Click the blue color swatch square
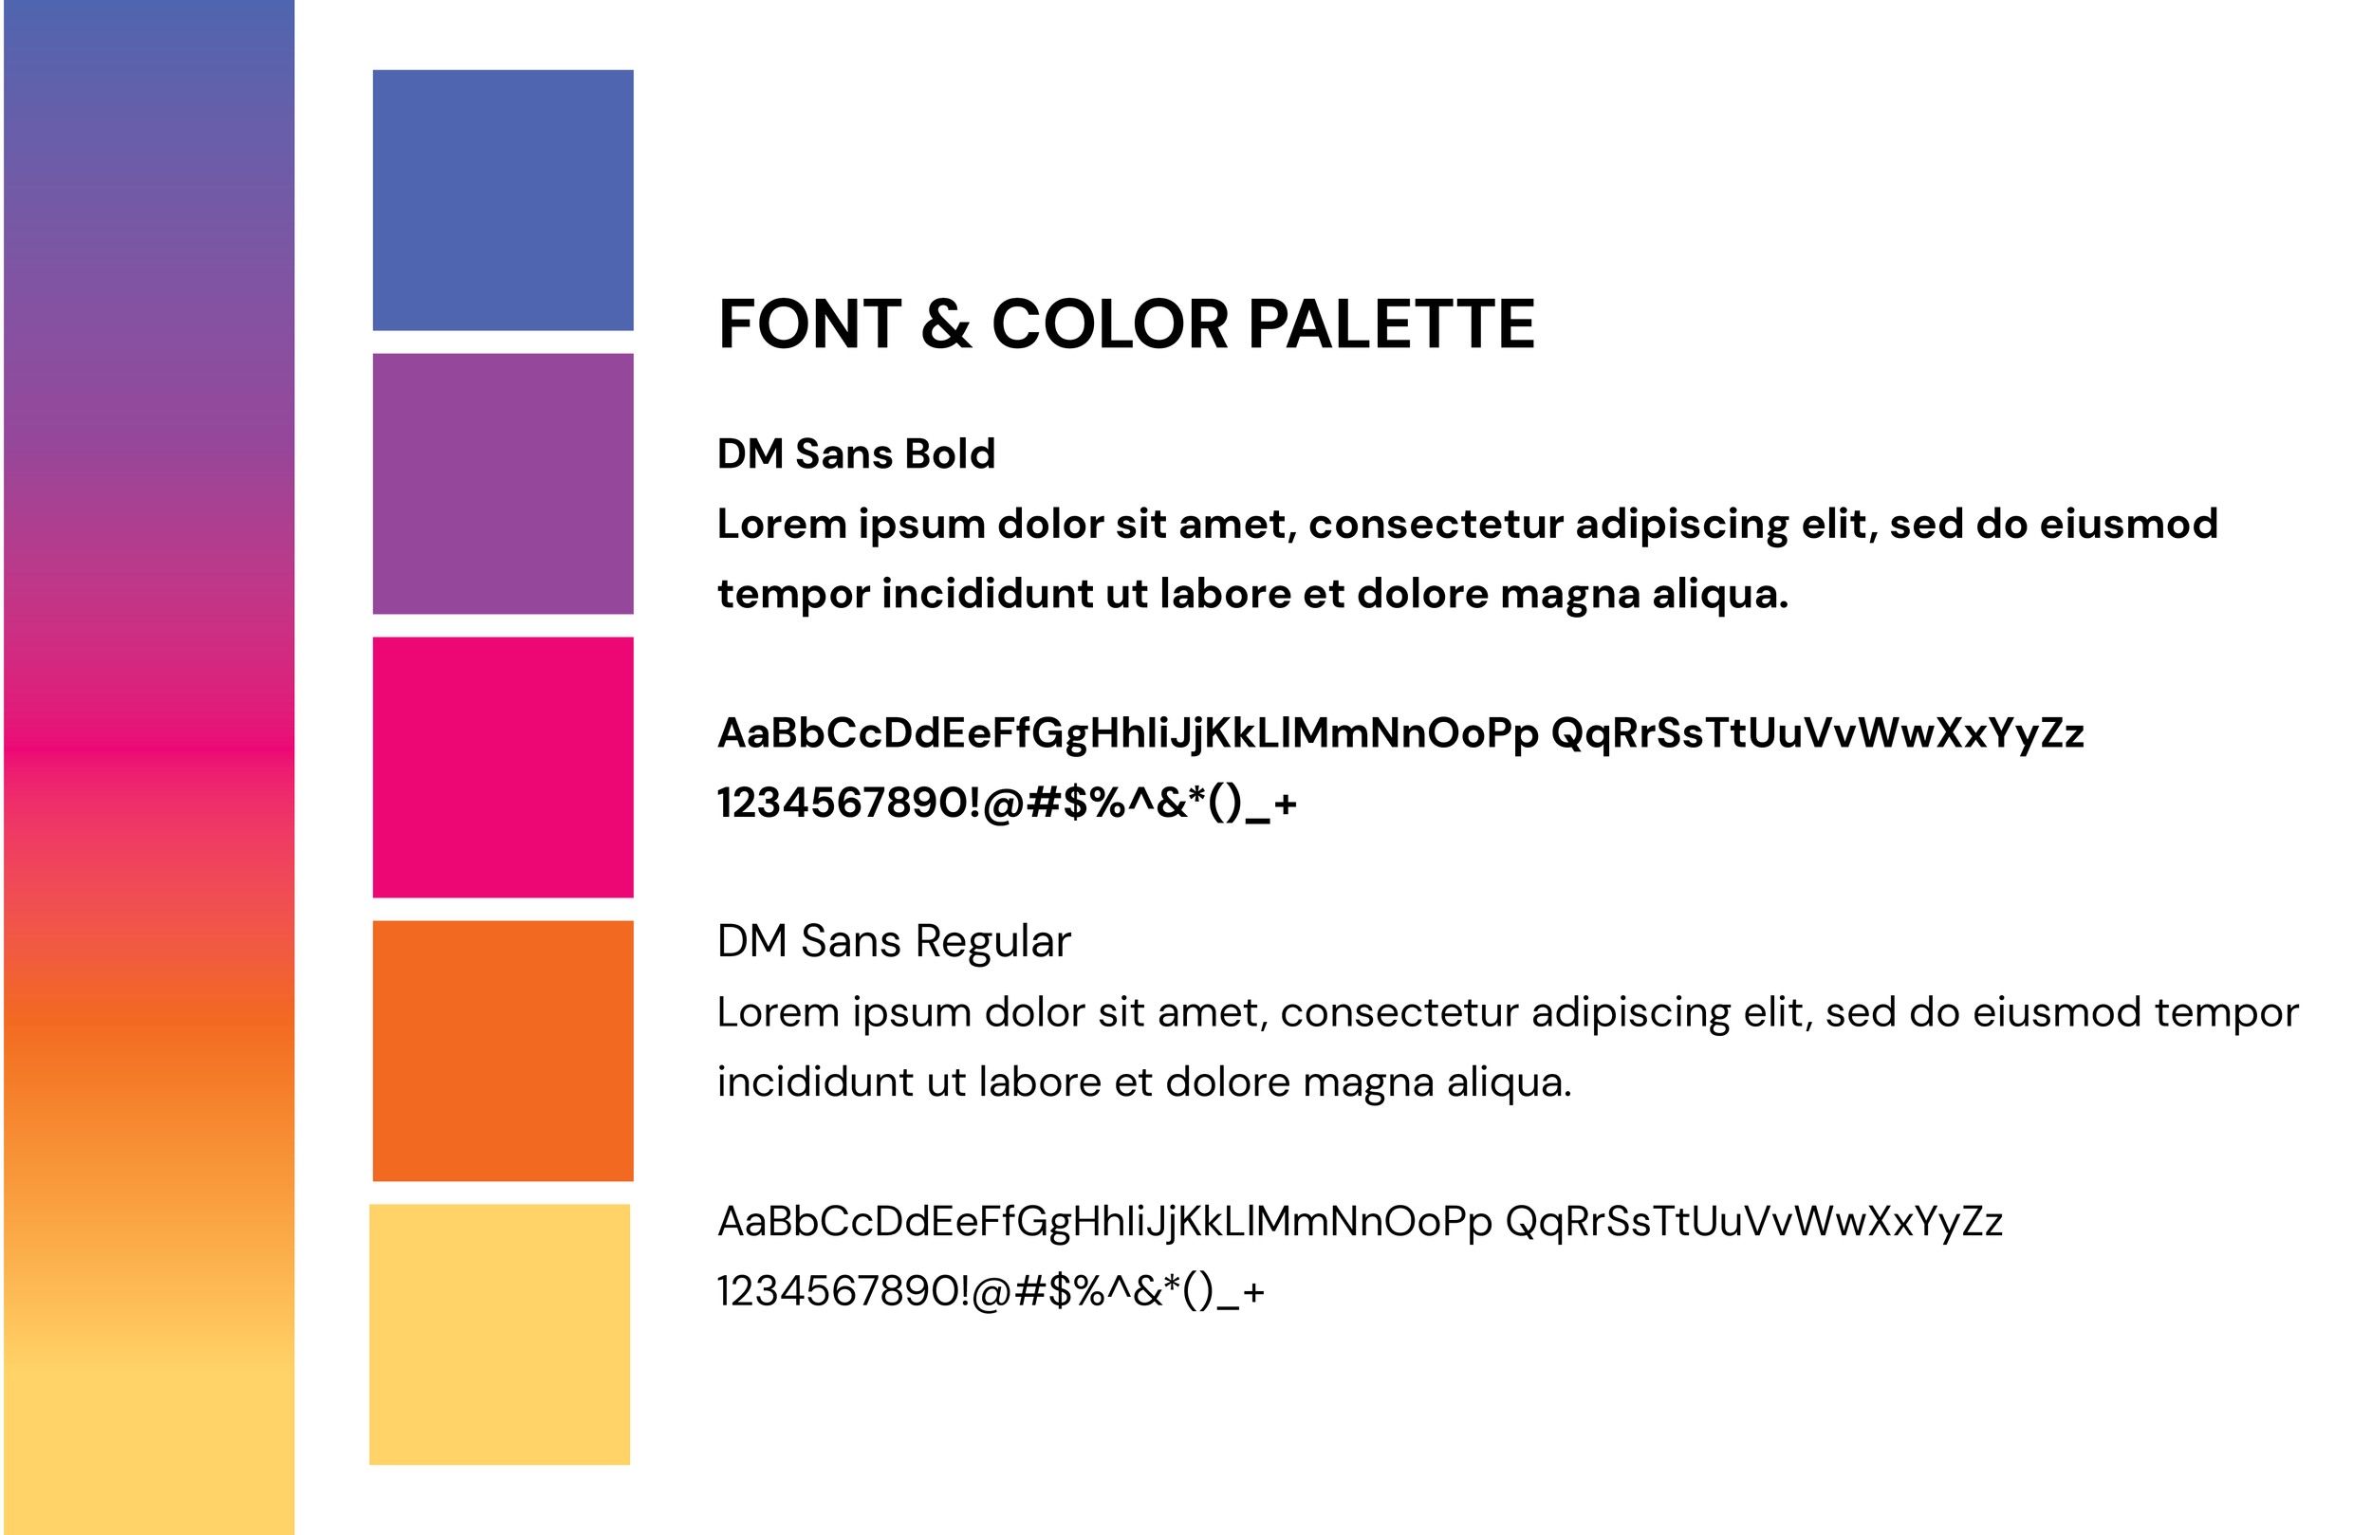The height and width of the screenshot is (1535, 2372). point(502,199)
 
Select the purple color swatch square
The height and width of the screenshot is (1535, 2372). point(502,484)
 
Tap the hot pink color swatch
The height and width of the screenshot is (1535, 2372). point(502,767)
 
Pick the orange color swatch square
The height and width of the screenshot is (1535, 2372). point(502,1050)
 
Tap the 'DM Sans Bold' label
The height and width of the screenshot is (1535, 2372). point(856,453)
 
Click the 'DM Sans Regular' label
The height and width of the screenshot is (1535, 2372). point(893,941)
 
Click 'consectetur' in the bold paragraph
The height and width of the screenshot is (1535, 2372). point(1436,525)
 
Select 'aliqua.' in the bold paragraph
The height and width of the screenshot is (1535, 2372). point(1720,594)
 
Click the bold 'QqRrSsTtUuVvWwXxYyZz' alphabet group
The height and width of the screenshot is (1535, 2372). point(1817,733)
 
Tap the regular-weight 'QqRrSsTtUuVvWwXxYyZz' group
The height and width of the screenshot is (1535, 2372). point(1753,1222)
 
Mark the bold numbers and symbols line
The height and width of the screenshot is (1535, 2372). point(1007,804)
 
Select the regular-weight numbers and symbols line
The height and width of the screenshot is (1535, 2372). point(991,1292)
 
